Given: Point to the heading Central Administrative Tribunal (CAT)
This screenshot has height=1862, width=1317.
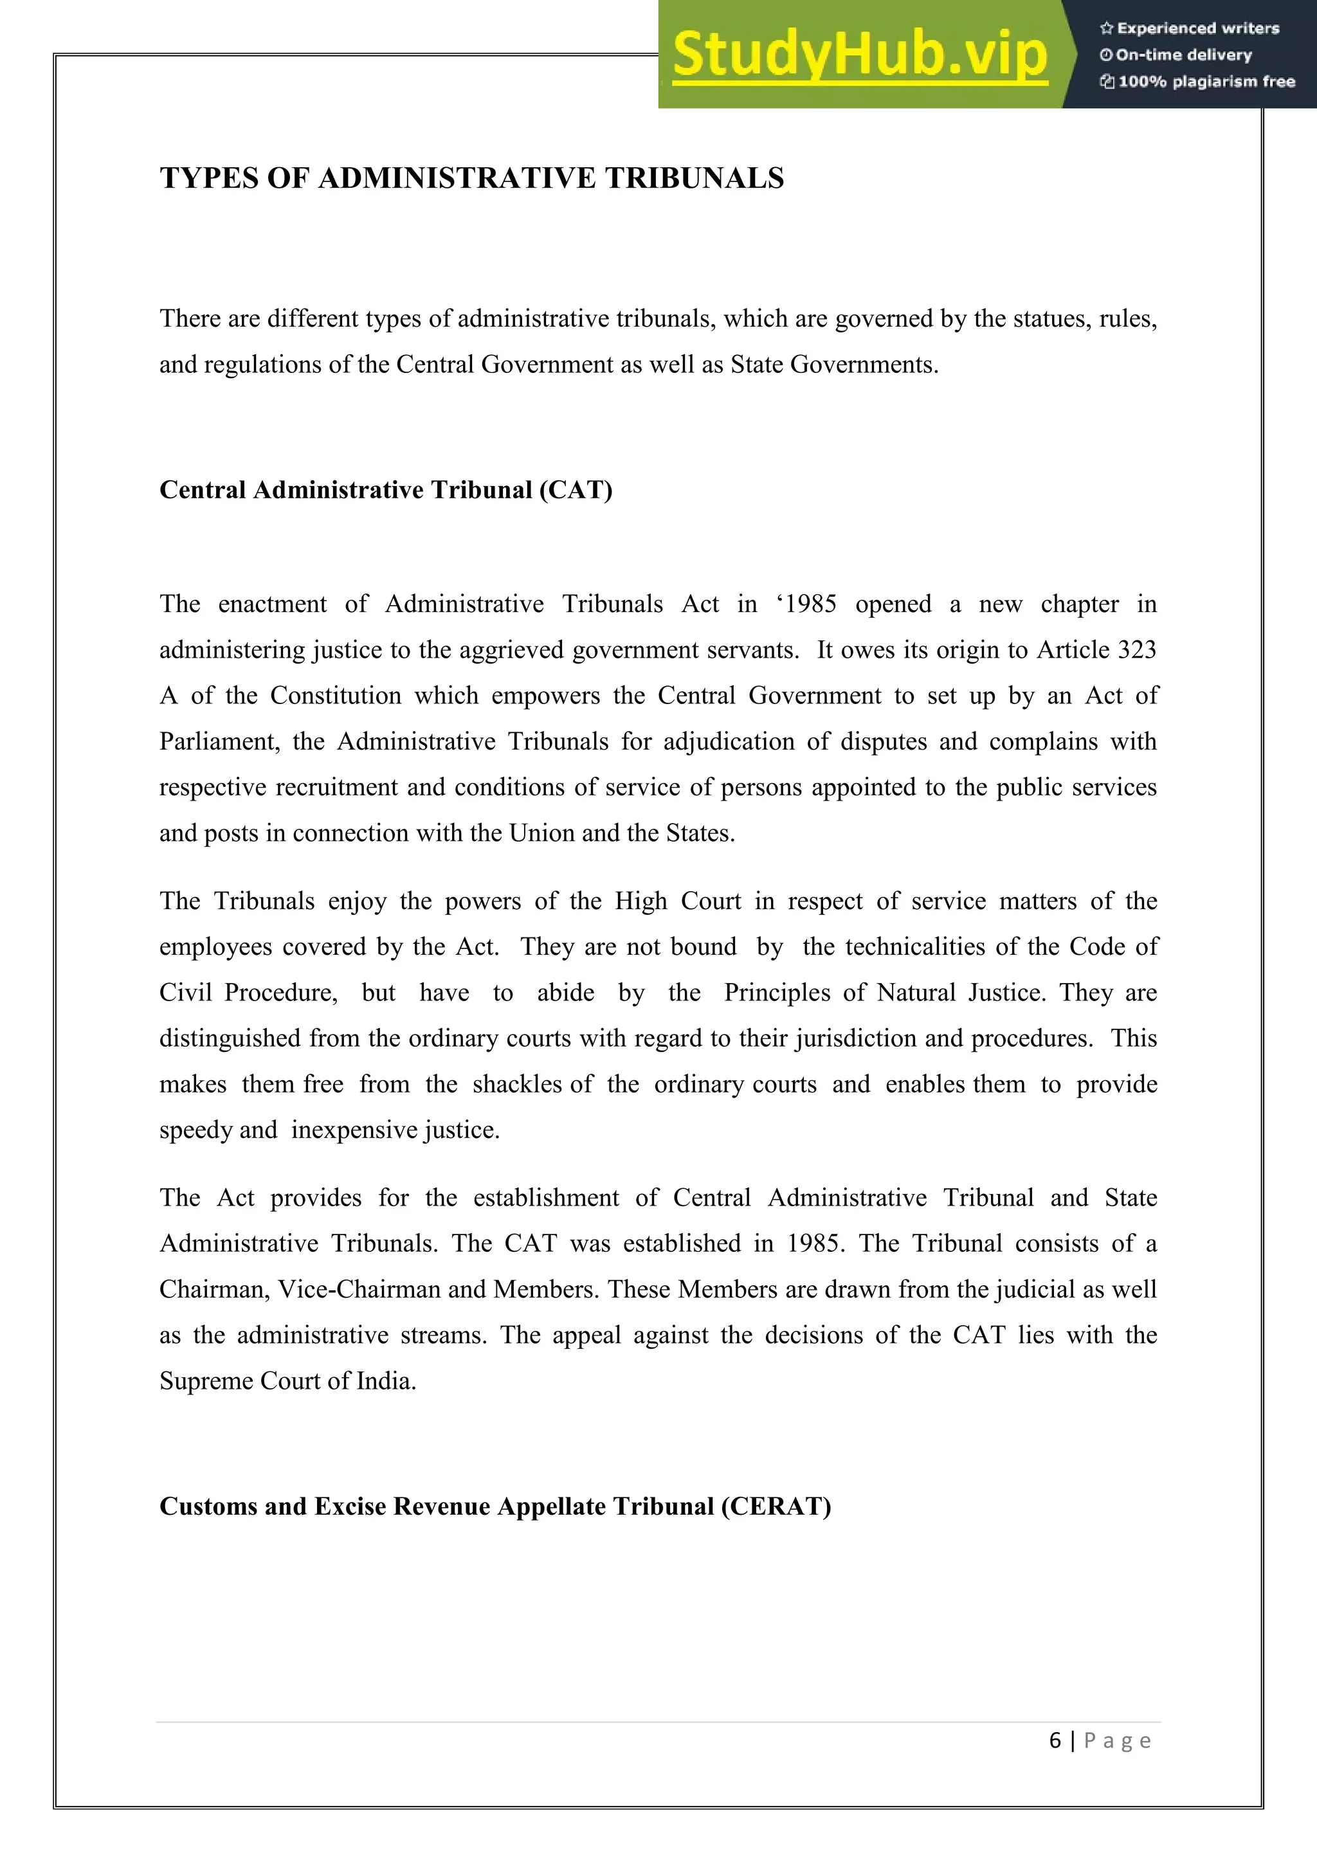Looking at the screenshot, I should click(x=386, y=490).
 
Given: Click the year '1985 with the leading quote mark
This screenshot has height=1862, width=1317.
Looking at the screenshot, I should click(x=806, y=604).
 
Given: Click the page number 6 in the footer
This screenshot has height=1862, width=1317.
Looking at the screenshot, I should click(x=1055, y=1740).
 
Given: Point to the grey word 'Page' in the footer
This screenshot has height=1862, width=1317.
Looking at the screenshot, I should click(x=1117, y=1740).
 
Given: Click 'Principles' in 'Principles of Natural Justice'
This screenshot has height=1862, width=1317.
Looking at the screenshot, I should click(x=777, y=993).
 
